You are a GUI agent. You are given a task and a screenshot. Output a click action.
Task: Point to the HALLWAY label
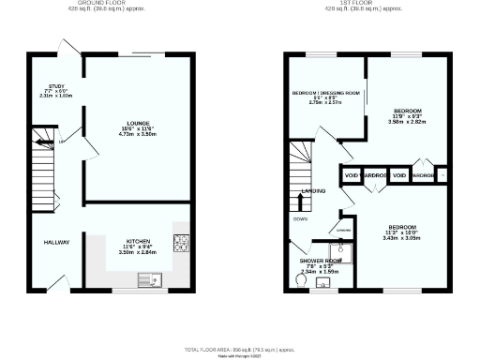[56, 242]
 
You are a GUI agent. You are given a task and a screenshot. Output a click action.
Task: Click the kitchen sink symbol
[148, 278]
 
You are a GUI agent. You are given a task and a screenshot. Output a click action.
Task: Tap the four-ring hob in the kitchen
[180, 241]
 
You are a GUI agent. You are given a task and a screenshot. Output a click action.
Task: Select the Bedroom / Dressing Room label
[326, 93]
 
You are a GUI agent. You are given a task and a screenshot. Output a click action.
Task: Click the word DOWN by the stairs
[300, 219]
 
